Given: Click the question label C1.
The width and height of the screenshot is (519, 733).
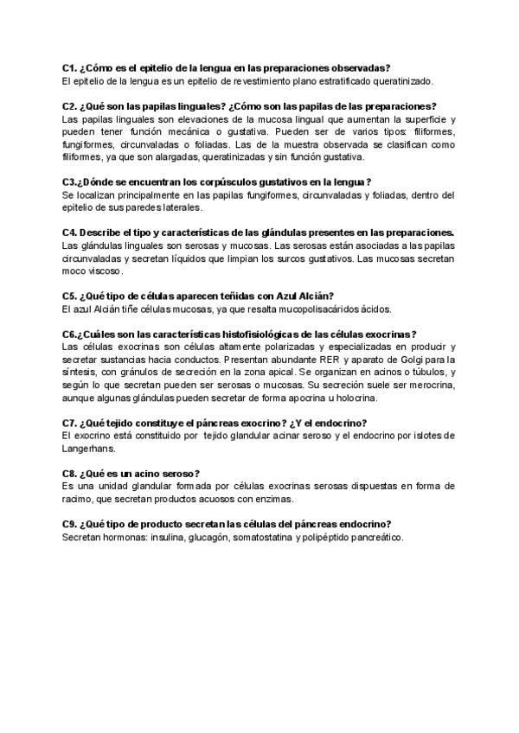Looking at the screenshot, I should tap(70, 67).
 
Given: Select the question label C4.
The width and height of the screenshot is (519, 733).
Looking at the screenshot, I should tap(70, 233).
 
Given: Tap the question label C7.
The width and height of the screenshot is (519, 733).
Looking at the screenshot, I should tap(70, 423).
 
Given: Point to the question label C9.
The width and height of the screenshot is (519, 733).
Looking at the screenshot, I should tap(70, 524).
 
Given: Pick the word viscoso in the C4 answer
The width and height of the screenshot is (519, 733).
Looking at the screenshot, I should tap(105, 271).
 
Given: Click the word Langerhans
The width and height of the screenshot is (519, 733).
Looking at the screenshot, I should tap(89, 448).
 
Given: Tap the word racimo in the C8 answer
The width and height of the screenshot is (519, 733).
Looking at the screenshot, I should tap(79, 499).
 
